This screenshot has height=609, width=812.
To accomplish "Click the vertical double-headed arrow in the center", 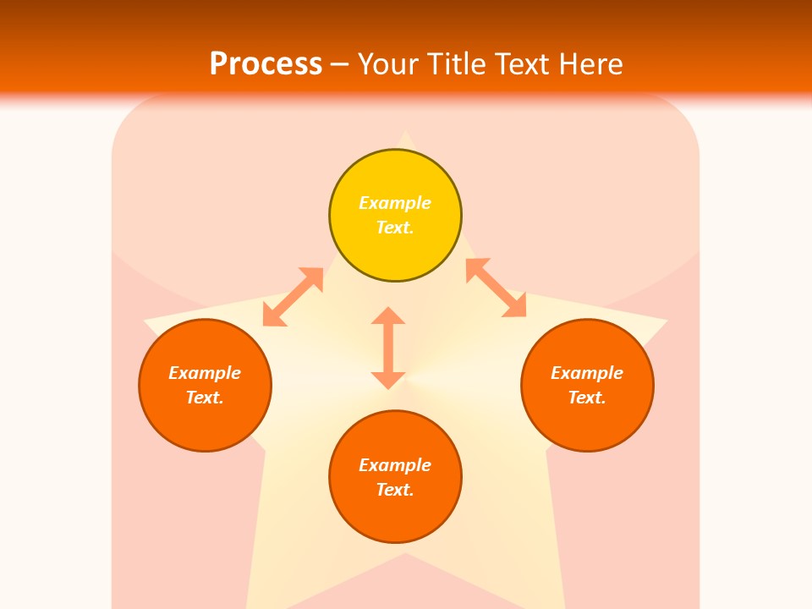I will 388,348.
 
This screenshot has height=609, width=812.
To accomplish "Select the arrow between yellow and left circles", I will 293,297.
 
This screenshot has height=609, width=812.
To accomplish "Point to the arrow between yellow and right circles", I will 496,288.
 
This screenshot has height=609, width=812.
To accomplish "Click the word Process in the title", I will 266,63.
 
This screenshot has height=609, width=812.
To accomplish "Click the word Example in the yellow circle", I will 395,203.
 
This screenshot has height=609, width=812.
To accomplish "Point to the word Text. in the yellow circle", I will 395,228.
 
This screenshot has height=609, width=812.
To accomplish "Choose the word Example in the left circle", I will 205,373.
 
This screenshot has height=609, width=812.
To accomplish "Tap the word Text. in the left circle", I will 205,398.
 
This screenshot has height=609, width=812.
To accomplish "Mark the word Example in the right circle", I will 587,373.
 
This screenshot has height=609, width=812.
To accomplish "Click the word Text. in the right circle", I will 587,398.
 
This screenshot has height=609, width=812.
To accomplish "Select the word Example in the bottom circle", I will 395,465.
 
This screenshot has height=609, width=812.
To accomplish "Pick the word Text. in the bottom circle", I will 395,490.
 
